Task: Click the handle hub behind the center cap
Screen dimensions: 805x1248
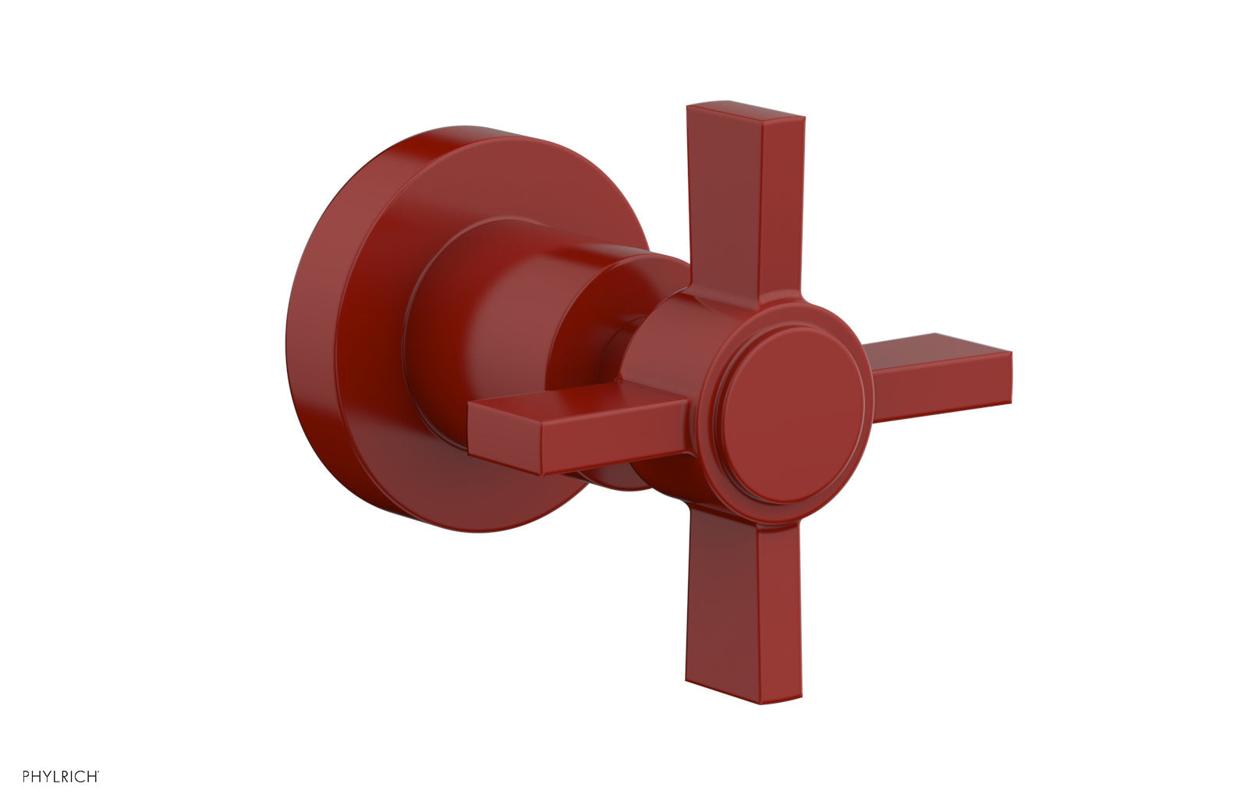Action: click(671, 328)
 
